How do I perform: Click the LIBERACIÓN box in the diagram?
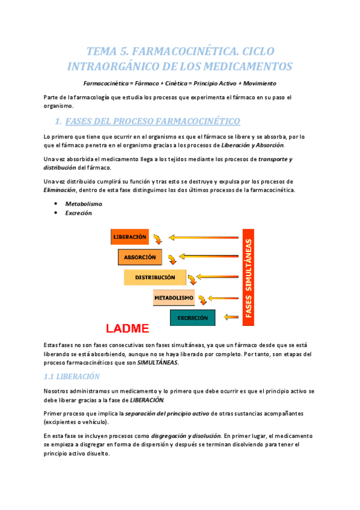point(129,237)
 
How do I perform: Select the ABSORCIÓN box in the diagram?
point(139,257)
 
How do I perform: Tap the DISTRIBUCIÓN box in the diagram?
point(154,277)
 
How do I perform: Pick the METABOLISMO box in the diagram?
point(174,298)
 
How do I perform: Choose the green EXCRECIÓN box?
point(192,318)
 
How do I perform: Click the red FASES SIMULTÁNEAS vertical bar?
point(249,277)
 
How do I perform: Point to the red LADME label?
point(127,329)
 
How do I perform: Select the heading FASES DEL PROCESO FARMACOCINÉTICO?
point(152,121)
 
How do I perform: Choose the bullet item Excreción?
point(79,213)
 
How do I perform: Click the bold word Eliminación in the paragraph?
point(59,190)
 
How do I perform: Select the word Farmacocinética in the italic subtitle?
point(106,83)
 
